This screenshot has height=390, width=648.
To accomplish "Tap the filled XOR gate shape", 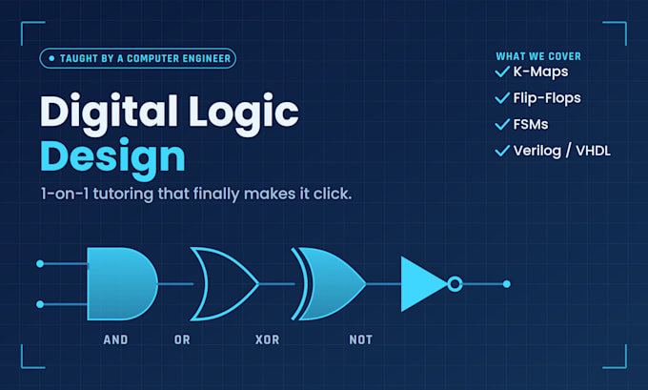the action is click(x=331, y=284).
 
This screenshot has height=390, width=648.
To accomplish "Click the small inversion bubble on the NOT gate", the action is click(x=455, y=284).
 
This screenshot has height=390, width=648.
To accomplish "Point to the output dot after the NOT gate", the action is click(x=507, y=284).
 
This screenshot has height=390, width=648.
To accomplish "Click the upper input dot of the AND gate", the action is click(x=40, y=264).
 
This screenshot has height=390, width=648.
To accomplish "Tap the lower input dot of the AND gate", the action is click(x=40, y=304).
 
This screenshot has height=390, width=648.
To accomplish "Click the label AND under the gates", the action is click(x=115, y=340).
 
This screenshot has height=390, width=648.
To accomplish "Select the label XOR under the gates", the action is click(x=268, y=340).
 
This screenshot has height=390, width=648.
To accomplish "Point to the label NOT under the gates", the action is click(x=361, y=340).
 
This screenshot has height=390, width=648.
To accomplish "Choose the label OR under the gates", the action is click(x=182, y=340).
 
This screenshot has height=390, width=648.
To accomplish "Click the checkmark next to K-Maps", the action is click(x=502, y=72).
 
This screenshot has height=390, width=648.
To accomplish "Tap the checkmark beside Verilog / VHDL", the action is click(x=502, y=151).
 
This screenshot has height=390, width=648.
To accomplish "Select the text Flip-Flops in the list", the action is click(x=547, y=98).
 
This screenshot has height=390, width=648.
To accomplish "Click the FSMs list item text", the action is click(x=531, y=125).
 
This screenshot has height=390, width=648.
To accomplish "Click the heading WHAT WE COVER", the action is click(x=538, y=56).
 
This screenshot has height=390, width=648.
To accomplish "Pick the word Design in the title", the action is click(x=112, y=158).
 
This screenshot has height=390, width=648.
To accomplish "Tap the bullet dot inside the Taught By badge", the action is click(x=51, y=58).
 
